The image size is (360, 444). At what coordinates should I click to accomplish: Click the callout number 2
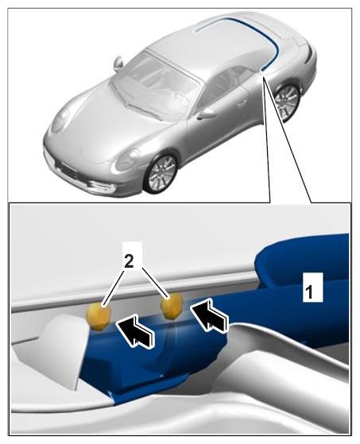tap(129, 262)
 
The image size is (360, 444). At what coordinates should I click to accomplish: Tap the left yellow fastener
tap(99, 316)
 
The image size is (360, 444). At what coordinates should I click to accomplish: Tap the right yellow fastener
tap(171, 307)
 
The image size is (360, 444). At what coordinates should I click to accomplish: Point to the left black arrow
tap(136, 331)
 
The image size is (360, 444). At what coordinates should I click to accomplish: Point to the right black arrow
tap(210, 316)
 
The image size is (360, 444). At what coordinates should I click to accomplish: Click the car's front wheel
tap(161, 174)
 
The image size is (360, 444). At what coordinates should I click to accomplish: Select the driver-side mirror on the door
tap(206, 114)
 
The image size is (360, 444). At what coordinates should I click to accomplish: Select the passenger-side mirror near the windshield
tap(118, 63)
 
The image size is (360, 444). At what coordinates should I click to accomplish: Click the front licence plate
tap(67, 170)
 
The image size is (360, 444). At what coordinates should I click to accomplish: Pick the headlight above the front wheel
tap(127, 160)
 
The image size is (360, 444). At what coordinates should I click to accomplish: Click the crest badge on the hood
tap(80, 150)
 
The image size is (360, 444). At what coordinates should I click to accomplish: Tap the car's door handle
tap(242, 103)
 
